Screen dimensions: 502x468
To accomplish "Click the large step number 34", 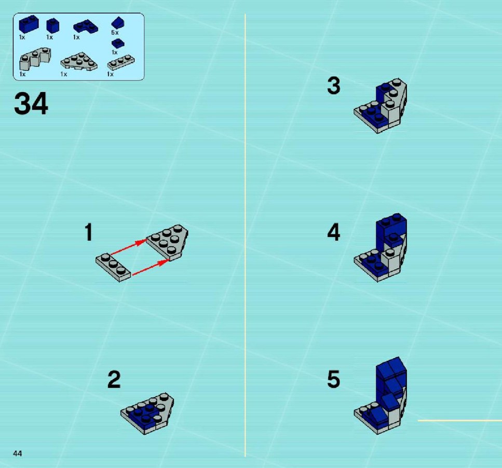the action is click(31, 103).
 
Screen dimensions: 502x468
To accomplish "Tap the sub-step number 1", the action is click(89, 232).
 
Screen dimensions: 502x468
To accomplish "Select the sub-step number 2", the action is click(114, 379).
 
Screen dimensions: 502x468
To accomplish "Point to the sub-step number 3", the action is click(334, 86).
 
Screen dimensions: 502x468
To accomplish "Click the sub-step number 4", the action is click(334, 232).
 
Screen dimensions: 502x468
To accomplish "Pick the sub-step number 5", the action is click(334, 379).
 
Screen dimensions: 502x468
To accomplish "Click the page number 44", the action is click(18, 453).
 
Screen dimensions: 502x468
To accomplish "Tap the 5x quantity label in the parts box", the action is click(115, 32).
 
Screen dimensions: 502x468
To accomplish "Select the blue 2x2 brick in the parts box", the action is click(29, 24).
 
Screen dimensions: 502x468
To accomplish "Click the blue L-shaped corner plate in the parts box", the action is click(86, 27).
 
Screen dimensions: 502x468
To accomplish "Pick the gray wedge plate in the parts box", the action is click(79, 61).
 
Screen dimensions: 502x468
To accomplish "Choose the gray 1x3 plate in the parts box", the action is click(120, 62).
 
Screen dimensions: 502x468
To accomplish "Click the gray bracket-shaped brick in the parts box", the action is click(35, 59).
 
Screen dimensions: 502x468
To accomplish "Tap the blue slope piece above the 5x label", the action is click(118, 23).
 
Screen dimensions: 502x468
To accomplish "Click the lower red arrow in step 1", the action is click(151, 267).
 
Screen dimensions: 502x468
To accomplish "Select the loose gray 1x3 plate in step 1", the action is click(113, 267).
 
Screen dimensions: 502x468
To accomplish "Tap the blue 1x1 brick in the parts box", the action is click(53, 25).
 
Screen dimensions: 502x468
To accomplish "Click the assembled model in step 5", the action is click(381, 396).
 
